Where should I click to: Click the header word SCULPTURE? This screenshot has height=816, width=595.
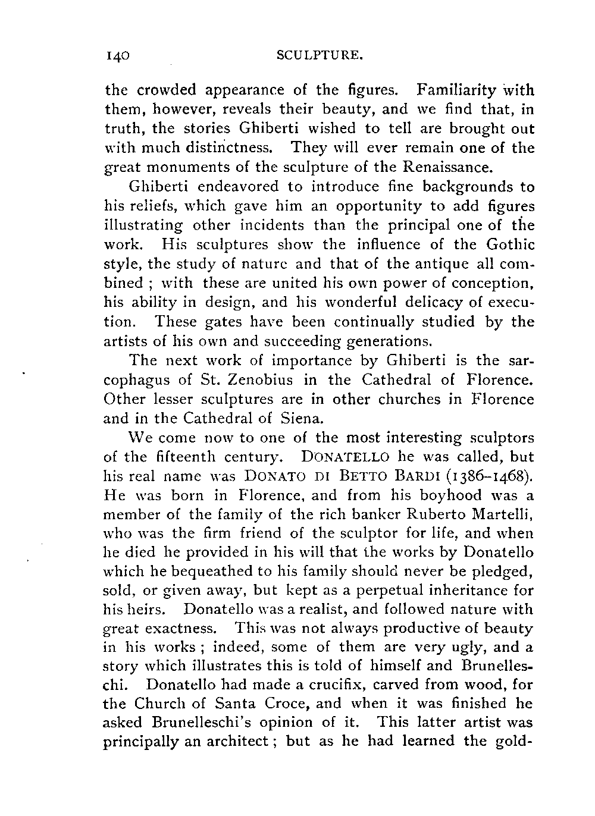[320, 57]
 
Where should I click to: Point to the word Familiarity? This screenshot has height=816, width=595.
[456, 90]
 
